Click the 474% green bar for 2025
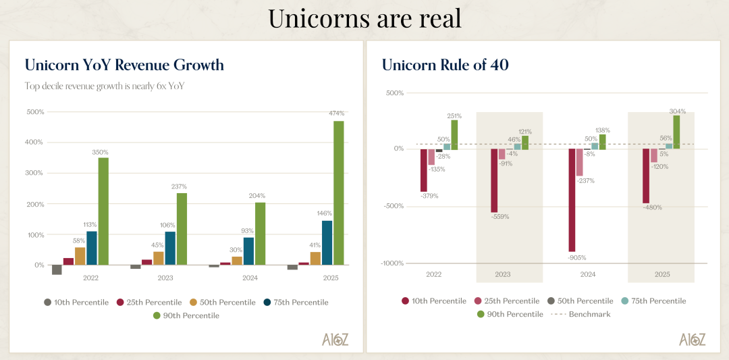point(338,192)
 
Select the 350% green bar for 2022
point(103,211)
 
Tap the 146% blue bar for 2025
point(327,242)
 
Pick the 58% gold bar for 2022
point(80,256)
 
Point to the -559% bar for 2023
point(494,180)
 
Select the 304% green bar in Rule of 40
point(676,132)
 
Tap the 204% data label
point(259,196)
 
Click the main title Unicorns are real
point(364,18)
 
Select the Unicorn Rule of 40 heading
point(445,65)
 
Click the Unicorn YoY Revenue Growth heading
point(124,65)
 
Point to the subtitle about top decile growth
point(104,86)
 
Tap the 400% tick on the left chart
point(34,143)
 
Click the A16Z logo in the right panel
point(692,339)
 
